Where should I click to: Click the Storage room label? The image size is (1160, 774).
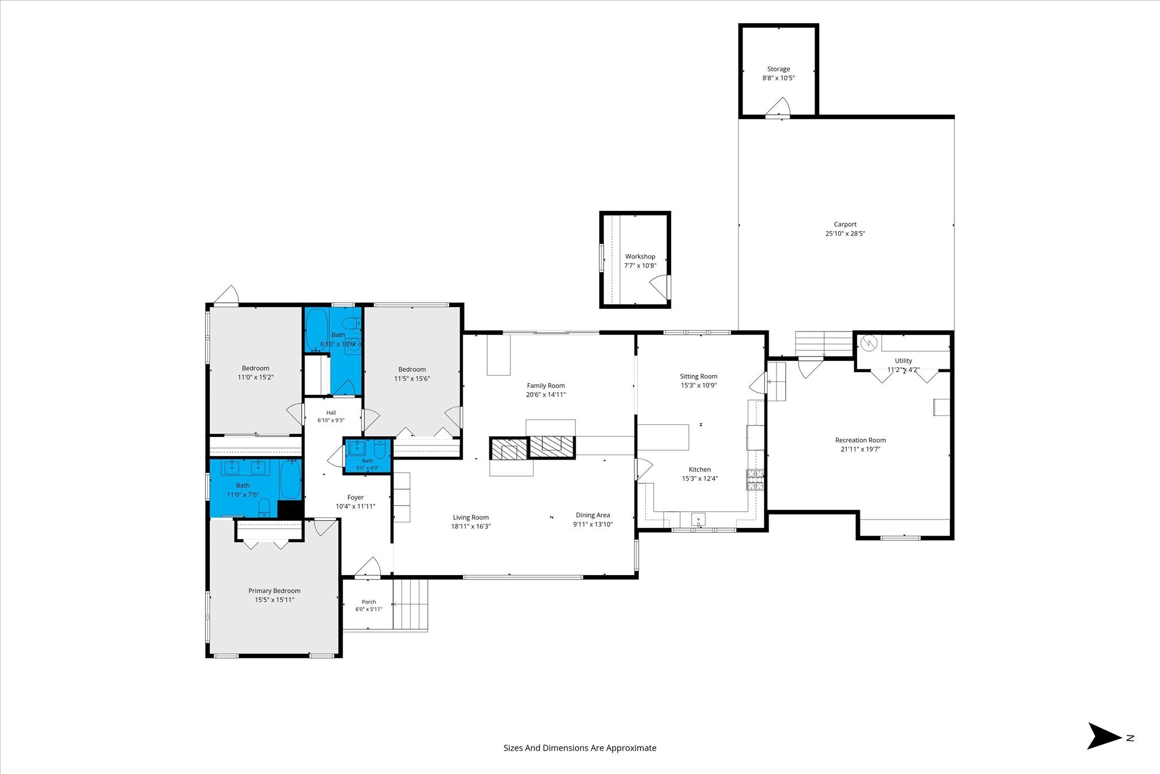click(778, 69)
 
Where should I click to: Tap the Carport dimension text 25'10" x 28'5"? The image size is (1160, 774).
click(845, 233)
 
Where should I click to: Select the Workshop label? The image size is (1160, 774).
click(640, 257)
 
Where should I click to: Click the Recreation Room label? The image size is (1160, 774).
click(860, 440)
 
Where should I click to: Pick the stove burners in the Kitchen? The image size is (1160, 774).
click(755, 480)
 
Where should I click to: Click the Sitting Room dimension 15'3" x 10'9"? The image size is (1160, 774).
click(699, 385)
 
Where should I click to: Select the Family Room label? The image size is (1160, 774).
click(546, 386)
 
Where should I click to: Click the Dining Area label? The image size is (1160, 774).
click(593, 515)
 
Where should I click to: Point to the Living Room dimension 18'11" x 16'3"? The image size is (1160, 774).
click(471, 526)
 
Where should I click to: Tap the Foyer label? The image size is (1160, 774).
click(356, 497)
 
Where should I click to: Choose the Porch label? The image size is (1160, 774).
click(369, 602)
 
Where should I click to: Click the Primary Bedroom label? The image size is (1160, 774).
click(275, 591)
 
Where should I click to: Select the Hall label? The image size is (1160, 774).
click(331, 412)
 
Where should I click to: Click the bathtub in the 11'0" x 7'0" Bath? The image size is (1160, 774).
click(291, 479)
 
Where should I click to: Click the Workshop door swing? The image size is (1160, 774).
click(659, 287)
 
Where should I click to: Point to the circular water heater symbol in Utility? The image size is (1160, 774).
click(868, 343)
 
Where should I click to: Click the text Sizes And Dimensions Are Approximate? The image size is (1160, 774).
click(580, 748)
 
